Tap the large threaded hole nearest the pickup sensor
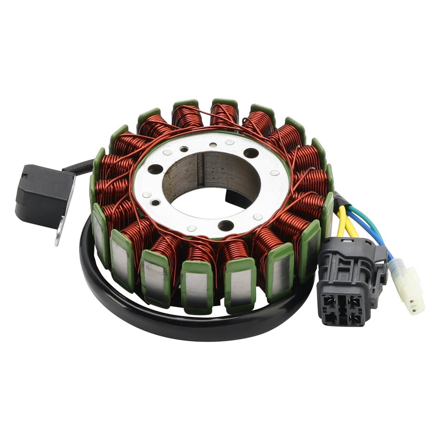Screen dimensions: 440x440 [155, 170]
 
